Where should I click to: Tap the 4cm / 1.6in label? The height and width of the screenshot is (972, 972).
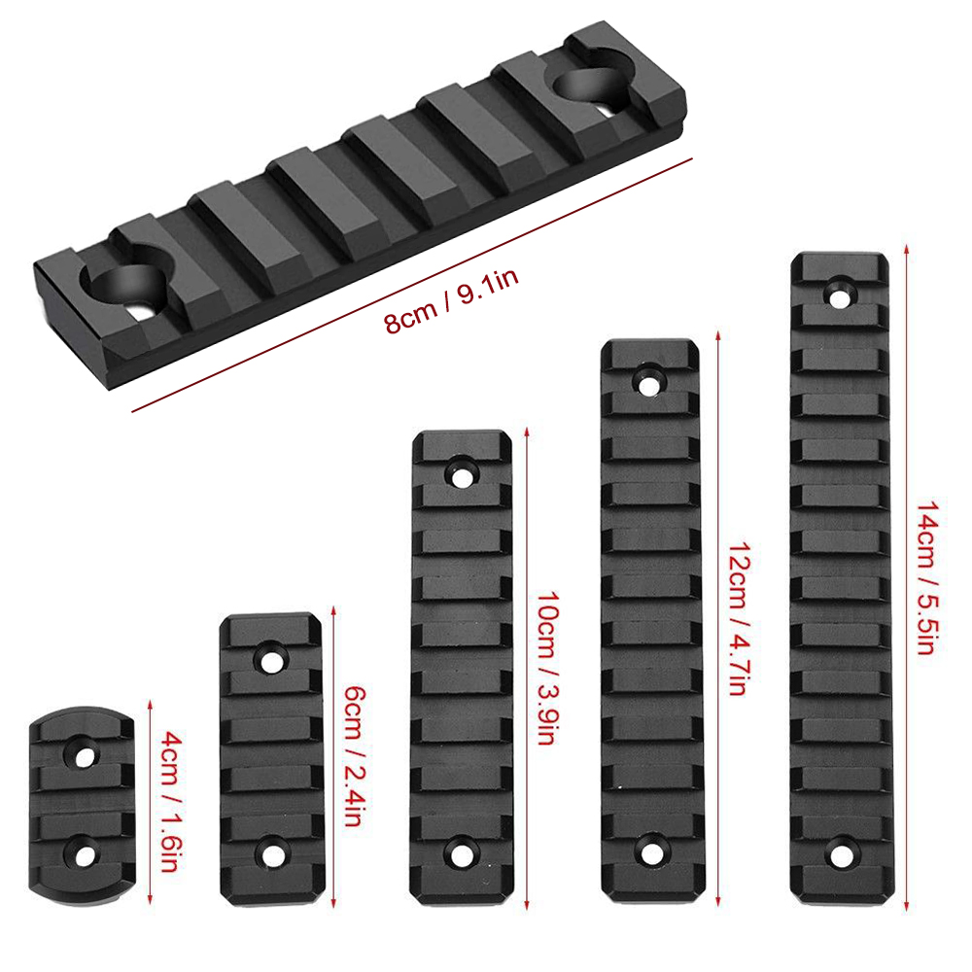(170, 802)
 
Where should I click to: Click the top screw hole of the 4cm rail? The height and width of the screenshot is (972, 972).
(85, 755)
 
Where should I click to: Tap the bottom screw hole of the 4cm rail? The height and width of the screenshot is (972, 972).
(85, 855)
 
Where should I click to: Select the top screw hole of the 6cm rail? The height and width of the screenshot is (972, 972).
(271, 661)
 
